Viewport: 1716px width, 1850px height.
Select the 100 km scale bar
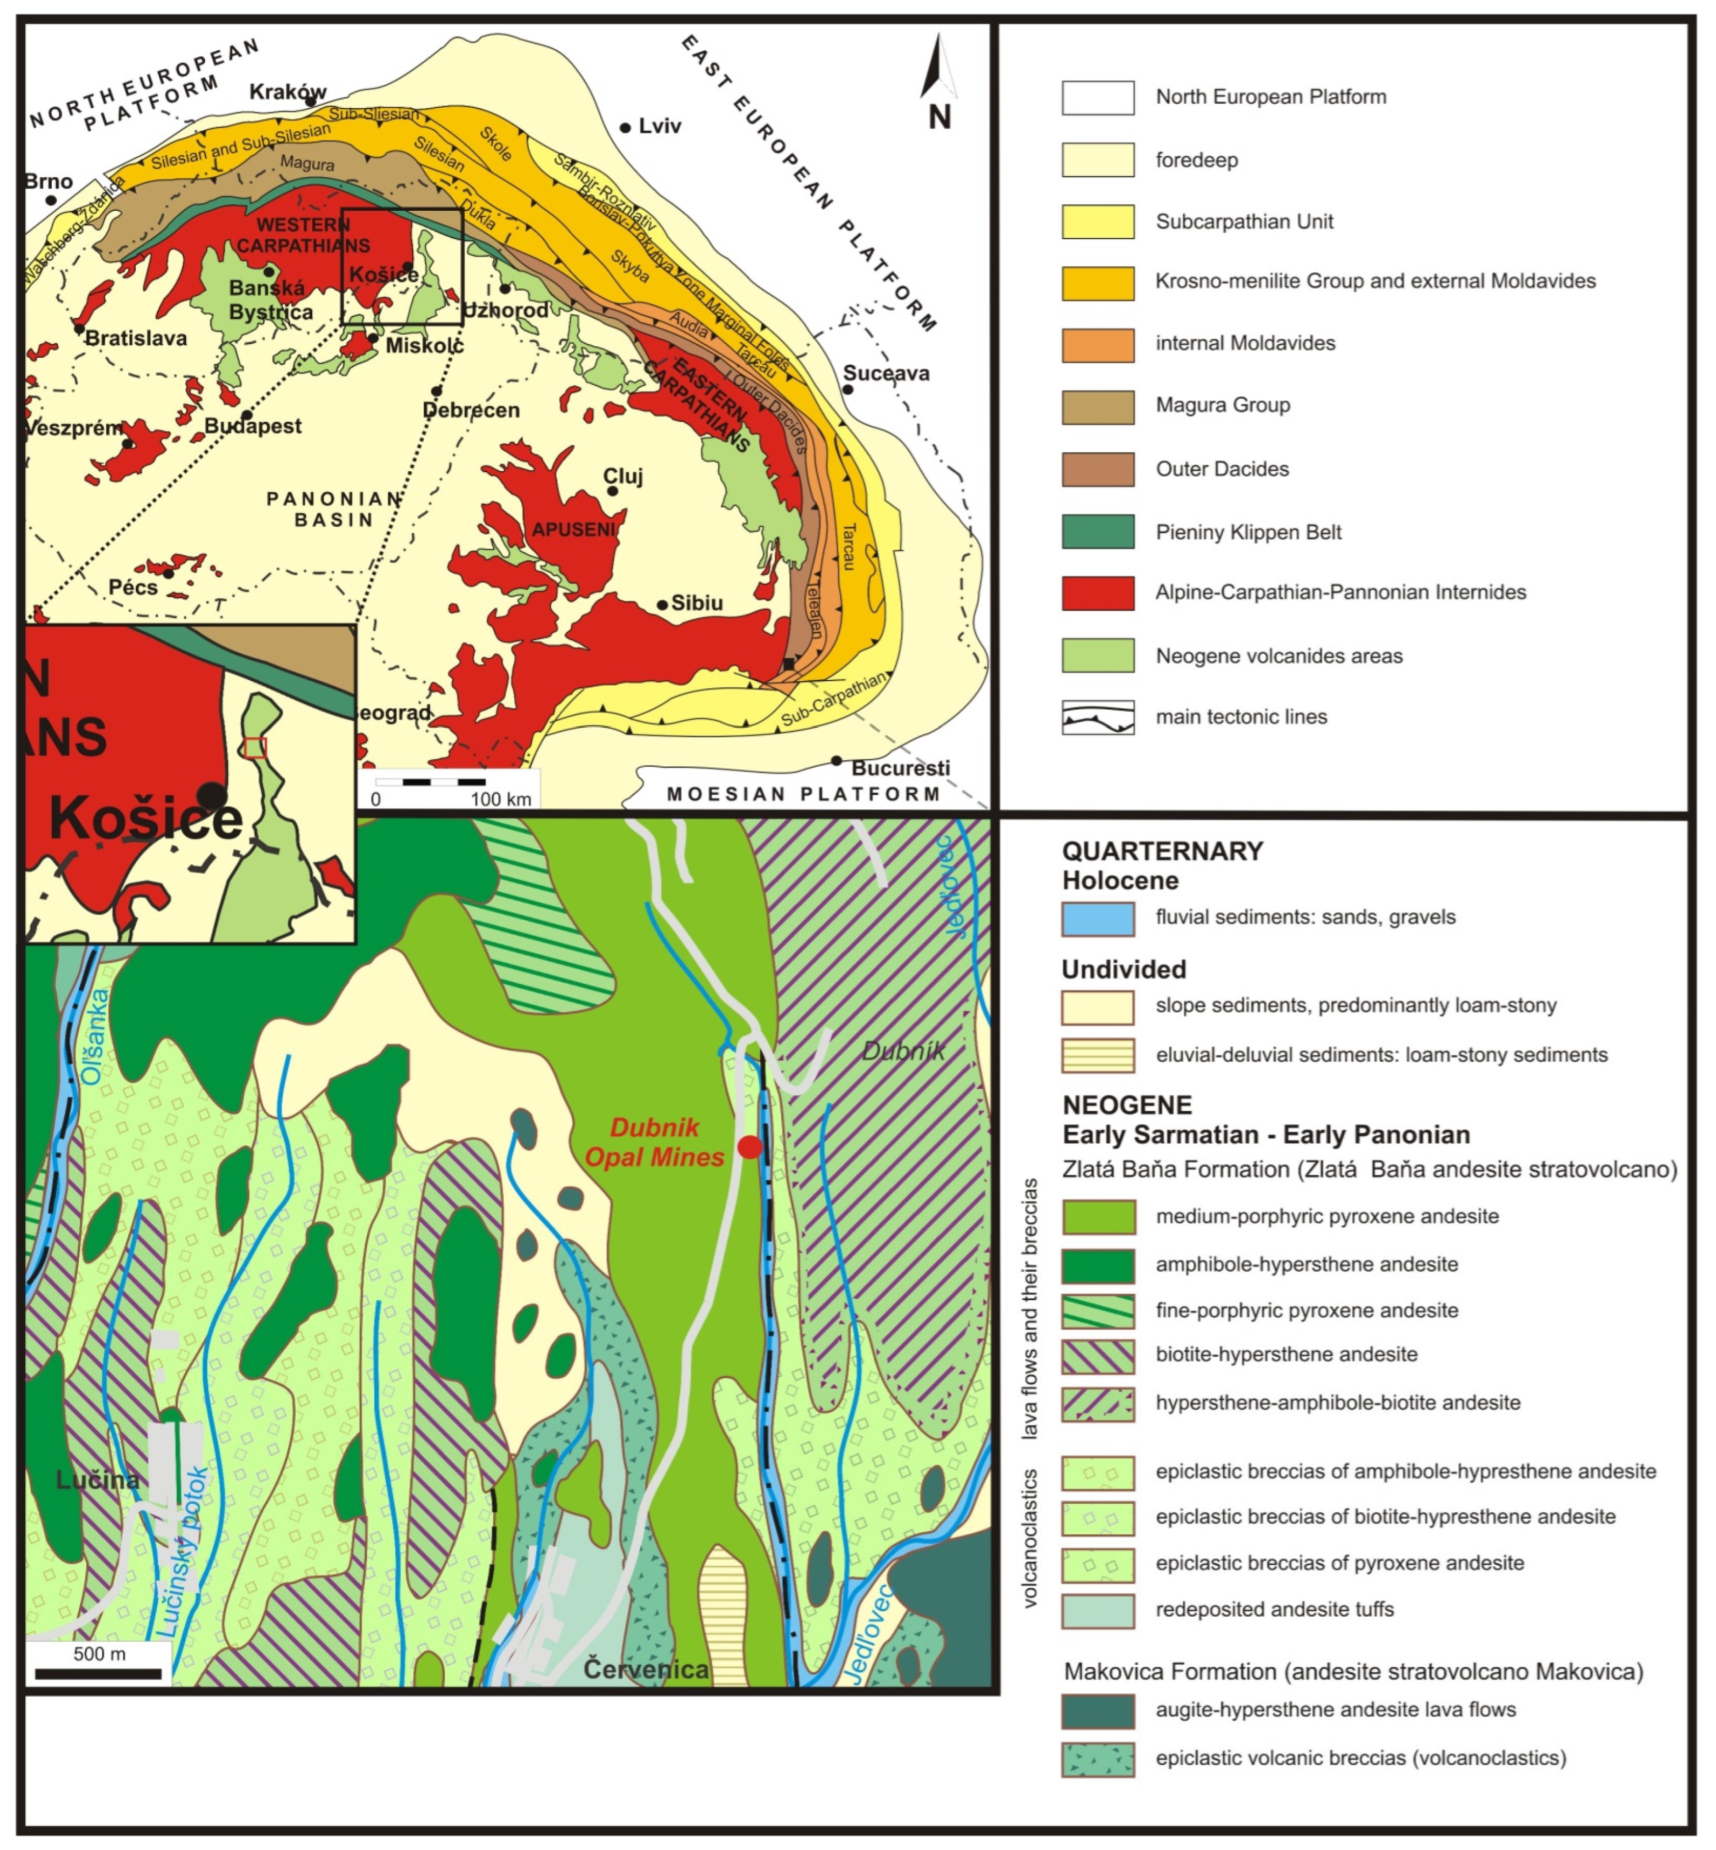430,782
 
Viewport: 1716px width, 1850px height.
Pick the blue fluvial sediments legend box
1097,919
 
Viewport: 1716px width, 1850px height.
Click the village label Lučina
97,1479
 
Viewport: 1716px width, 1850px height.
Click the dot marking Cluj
612,491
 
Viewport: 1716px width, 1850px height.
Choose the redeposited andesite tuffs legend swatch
1097,1611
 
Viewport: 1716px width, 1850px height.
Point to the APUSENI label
573,529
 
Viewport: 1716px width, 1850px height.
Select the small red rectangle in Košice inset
256,748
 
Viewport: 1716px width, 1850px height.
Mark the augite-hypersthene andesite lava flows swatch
1097,1711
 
